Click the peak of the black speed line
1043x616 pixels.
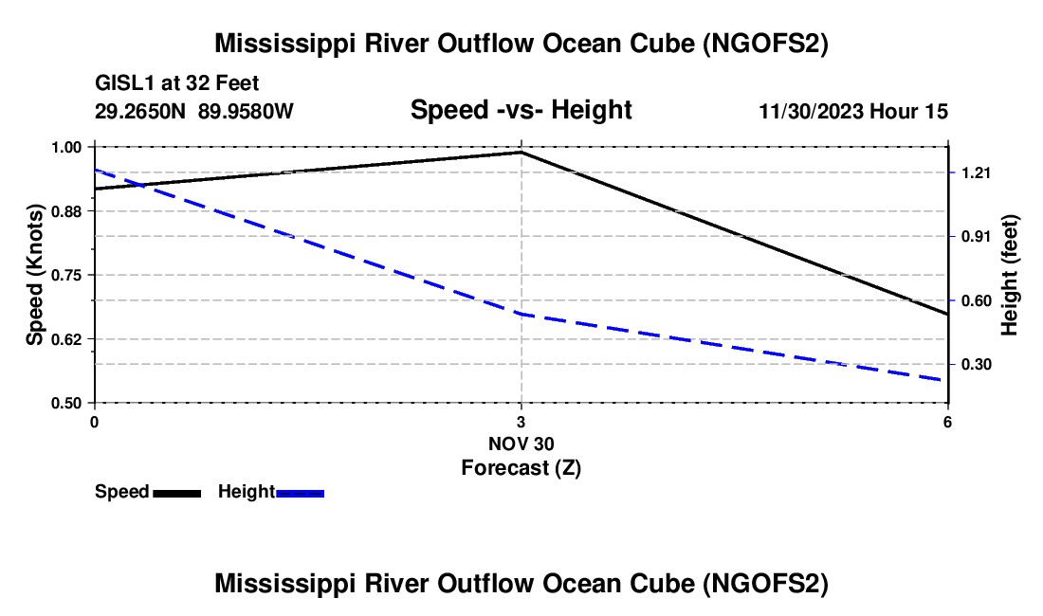pos(521,152)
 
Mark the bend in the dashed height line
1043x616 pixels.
pos(521,314)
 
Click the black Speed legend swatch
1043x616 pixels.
pos(176,492)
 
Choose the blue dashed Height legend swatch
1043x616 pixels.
pos(300,492)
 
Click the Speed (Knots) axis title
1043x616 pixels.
pos(35,275)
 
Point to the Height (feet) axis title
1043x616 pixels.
pos(1010,275)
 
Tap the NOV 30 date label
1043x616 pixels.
pos(521,444)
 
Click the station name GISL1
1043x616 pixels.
pos(120,83)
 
